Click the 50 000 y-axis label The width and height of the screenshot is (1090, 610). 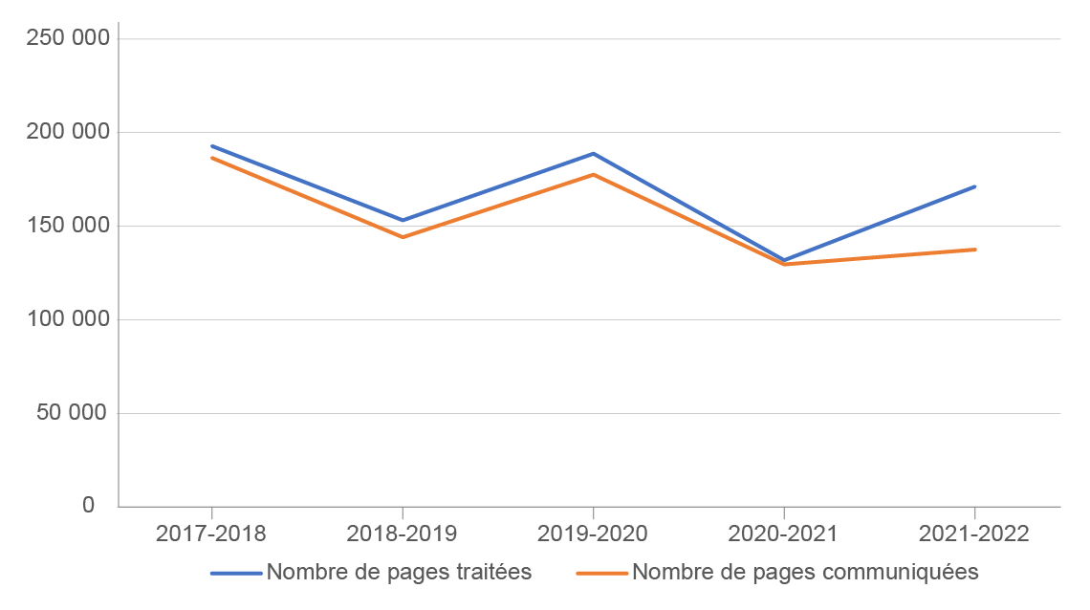76,413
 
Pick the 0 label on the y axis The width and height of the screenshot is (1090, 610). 89,506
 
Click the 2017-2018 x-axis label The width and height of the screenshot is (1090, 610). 211,534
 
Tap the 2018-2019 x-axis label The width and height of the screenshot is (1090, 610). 402,534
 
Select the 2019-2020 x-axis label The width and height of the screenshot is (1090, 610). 593,534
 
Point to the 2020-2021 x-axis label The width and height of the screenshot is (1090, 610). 783,534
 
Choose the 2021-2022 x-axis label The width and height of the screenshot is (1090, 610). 974,534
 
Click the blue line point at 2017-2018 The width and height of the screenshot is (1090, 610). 211,146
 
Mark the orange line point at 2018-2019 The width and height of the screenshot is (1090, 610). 402,236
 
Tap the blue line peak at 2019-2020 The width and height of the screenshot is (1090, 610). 593,153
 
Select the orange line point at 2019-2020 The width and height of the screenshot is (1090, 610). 593,174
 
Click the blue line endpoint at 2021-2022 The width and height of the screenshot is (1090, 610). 974,186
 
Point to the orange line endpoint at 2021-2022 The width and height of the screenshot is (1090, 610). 974,250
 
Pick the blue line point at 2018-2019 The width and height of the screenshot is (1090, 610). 402,220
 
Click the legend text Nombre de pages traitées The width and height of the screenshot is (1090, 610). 399,573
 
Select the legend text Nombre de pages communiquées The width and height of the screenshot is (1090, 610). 805,573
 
